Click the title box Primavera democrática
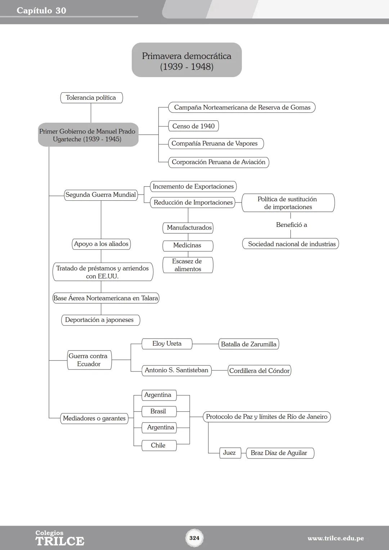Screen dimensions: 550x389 pyautogui.click(x=187, y=60)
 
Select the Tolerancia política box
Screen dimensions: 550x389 pyautogui.click(x=91, y=98)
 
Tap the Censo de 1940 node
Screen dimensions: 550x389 pyautogui.click(x=193, y=126)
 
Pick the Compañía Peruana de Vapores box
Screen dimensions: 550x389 pyautogui.click(x=215, y=143)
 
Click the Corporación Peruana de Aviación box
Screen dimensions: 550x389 pyautogui.click(x=219, y=162)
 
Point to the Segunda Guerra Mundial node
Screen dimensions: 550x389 pyautogui.click(x=101, y=195)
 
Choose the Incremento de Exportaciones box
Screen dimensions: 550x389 pyautogui.click(x=193, y=187)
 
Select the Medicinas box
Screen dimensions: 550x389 pyautogui.click(x=188, y=246)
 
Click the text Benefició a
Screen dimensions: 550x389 pyautogui.click(x=291, y=225)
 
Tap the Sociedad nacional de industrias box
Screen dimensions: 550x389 pyautogui.click(x=291, y=244)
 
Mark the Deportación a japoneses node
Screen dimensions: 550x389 pyautogui.click(x=100, y=320)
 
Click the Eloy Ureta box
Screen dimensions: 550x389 pyautogui.click(x=167, y=344)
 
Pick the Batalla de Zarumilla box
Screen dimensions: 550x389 pyautogui.click(x=249, y=344)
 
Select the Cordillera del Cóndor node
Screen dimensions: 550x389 pyautogui.click(x=259, y=371)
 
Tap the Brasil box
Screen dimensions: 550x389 pyautogui.click(x=158, y=411)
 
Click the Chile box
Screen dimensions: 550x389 pyautogui.click(x=158, y=446)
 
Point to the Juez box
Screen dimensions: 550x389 pyautogui.click(x=230, y=453)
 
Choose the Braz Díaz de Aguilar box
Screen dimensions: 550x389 pyautogui.click(x=280, y=453)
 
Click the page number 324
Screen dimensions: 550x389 pyautogui.click(x=194, y=538)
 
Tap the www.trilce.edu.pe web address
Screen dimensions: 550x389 pyautogui.click(x=335, y=538)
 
